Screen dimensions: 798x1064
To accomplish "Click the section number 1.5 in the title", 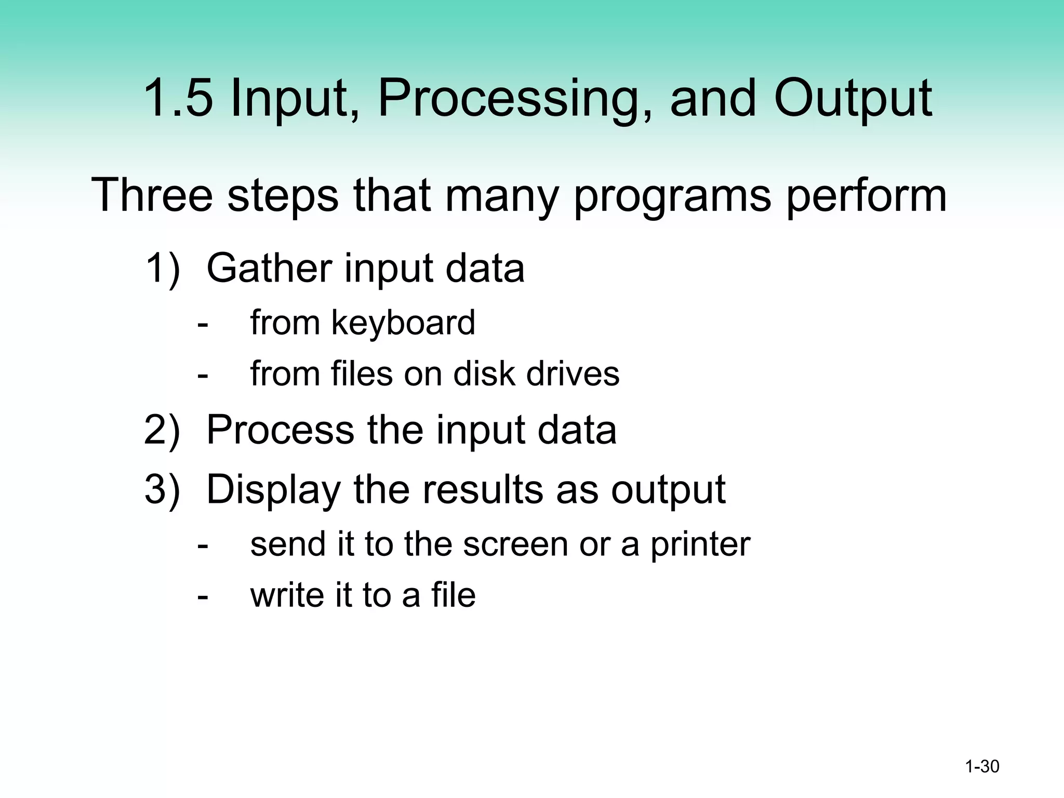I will click(177, 98).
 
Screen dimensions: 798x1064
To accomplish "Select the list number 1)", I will click(162, 269).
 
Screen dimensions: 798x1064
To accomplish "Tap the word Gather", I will click(269, 269).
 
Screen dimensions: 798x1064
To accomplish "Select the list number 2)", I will click(162, 431).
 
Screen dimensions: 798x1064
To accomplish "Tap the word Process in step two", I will click(281, 431).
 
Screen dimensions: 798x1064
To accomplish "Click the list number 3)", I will click(162, 490).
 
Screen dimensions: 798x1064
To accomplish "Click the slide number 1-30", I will click(982, 766).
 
